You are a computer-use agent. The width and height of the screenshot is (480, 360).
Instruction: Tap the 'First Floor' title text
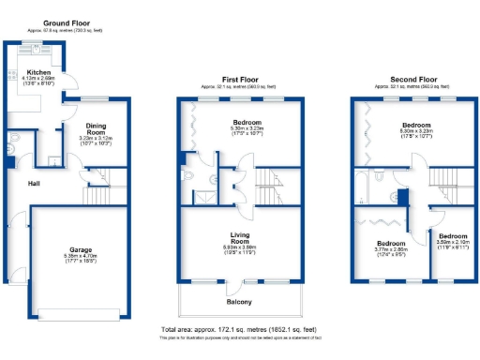pos(240,79)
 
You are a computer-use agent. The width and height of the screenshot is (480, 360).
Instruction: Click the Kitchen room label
pos(38,72)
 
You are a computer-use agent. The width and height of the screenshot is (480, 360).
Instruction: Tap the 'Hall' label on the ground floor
pos(34,185)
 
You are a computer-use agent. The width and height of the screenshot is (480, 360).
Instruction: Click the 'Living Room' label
pos(240,240)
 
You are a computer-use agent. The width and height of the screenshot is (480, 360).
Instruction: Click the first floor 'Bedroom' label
pos(247,122)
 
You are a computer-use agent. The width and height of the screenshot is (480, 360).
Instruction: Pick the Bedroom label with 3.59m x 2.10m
pos(454,236)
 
